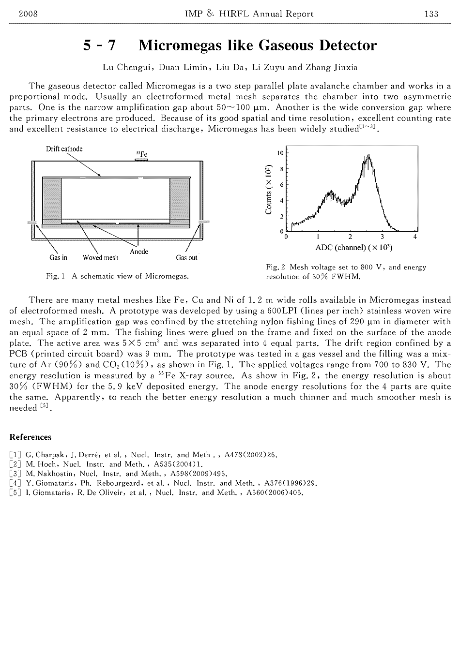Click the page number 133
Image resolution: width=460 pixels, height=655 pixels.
coord(431,14)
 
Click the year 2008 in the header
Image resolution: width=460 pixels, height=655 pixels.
coord(28,14)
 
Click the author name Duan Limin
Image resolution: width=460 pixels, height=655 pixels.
coord(186,68)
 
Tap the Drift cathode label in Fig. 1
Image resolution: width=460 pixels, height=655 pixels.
coord(64,149)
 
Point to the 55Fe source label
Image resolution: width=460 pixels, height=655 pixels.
coord(141,154)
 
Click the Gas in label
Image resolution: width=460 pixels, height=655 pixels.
coord(58,258)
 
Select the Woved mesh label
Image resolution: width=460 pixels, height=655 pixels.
coord(100,258)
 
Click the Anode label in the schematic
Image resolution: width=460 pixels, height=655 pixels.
coord(139,252)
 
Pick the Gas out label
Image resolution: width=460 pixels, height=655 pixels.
coord(186,258)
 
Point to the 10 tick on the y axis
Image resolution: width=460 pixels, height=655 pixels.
coord(280,153)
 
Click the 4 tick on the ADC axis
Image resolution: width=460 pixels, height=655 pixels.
coord(415,237)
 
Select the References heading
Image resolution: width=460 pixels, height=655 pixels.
coord(30,437)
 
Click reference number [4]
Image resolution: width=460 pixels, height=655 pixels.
coord(15,483)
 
